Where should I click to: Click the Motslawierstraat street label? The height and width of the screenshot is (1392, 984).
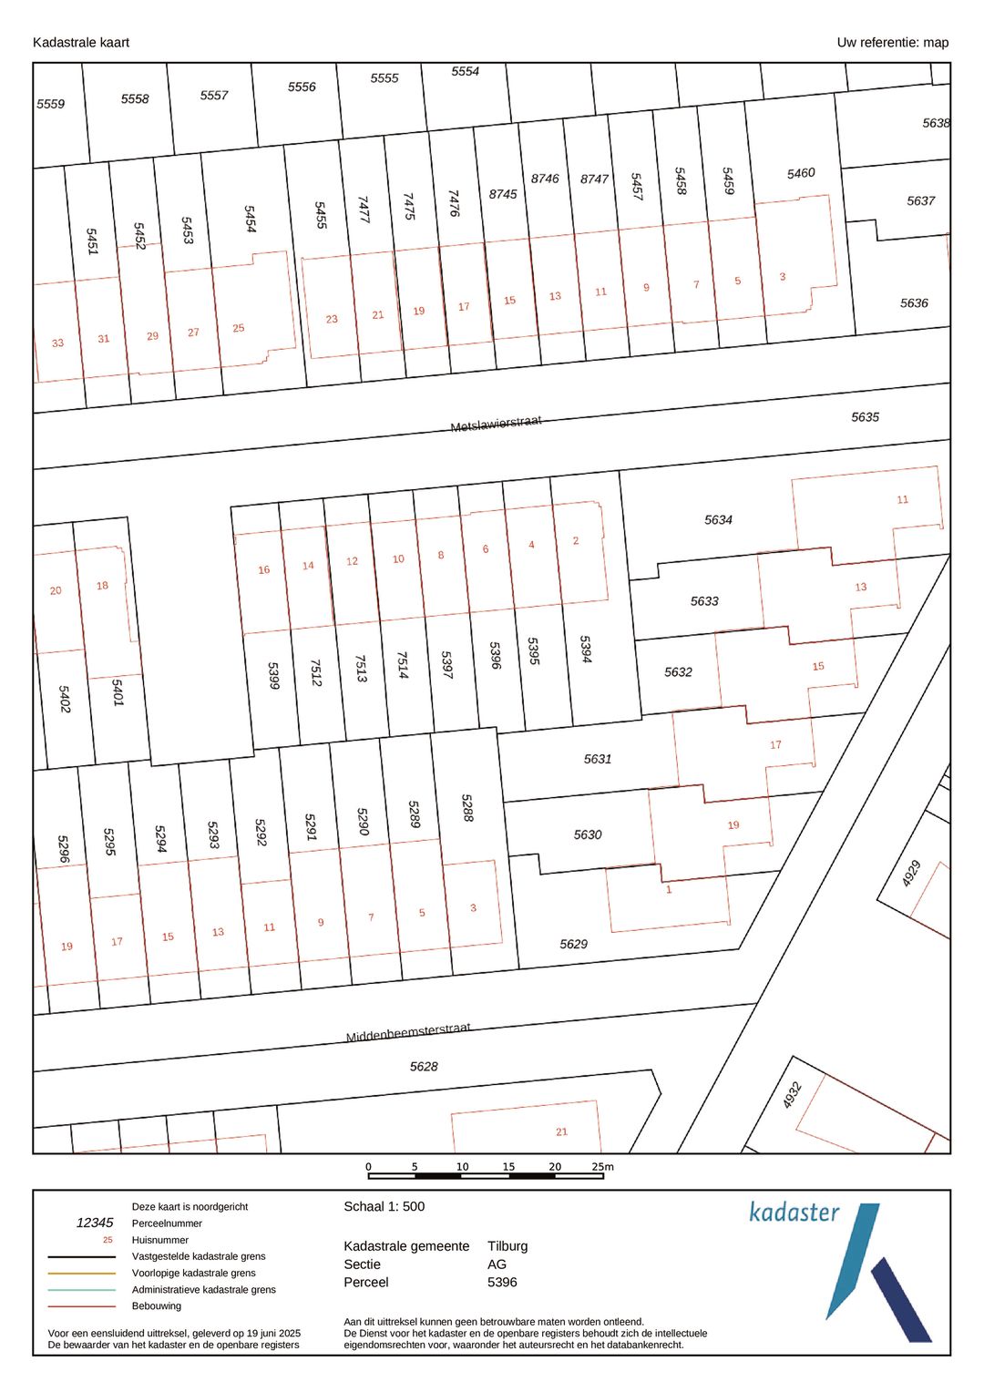click(x=496, y=424)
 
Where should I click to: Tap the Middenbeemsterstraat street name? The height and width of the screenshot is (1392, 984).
click(x=408, y=1032)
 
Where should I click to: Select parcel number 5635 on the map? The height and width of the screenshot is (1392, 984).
click(x=865, y=417)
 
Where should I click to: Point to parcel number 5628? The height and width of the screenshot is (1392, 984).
click(x=424, y=1066)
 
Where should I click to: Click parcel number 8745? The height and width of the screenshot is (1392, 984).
click(x=503, y=194)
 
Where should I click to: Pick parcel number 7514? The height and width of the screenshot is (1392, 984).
click(x=403, y=665)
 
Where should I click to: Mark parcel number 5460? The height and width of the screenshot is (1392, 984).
click(x=801, y=173)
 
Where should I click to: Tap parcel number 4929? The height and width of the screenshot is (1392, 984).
click(x=911, y=873)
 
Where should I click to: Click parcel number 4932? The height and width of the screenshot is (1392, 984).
click(x=792, y=1094)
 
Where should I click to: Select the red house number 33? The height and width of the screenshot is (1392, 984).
click(x=57, y=343)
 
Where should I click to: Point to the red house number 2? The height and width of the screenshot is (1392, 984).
click(x=576, y=540)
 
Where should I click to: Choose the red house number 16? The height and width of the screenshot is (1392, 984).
click(x=263, y=570)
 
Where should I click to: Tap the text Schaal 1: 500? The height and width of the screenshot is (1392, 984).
click(x=384, y=1206)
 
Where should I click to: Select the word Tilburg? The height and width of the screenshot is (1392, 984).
click(x=507, y=1246)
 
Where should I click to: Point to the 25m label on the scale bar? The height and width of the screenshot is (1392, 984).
click(x=602, y=1166)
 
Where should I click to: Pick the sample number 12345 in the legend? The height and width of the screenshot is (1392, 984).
click(x=95, y=1223)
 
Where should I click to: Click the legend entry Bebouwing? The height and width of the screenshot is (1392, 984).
click(x=157, y=1305)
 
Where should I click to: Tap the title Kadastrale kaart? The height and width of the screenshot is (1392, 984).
click(x=81, y=42)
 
